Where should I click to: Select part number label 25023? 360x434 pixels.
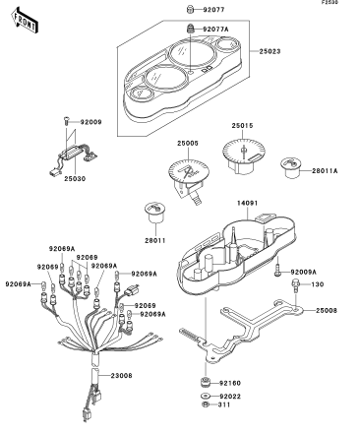click(270, 51)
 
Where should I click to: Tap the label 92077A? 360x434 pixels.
click(215, 30)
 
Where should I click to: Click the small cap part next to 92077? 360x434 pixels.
click(191, 10)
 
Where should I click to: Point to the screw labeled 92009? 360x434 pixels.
click(67, 122)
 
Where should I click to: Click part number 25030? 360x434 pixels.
click(75, 179)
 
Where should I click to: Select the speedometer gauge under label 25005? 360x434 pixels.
click(189, 179)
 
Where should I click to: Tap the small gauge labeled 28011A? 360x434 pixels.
click(291, 168)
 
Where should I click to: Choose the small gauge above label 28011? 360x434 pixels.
click(154, 213)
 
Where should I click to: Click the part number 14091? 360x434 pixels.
click(248, 203)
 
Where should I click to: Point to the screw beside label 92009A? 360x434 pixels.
click(277, 270)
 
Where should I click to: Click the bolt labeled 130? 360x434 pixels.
click(296, 285)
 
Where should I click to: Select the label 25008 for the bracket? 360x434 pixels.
click(327, 310)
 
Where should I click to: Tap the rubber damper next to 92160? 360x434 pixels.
click(206, 383)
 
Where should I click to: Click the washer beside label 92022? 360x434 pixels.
click(206, 397)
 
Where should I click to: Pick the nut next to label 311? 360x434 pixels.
click(206, 404)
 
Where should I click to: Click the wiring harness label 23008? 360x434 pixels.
click(121, 375)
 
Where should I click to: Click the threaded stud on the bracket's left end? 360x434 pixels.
click(189, 335)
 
